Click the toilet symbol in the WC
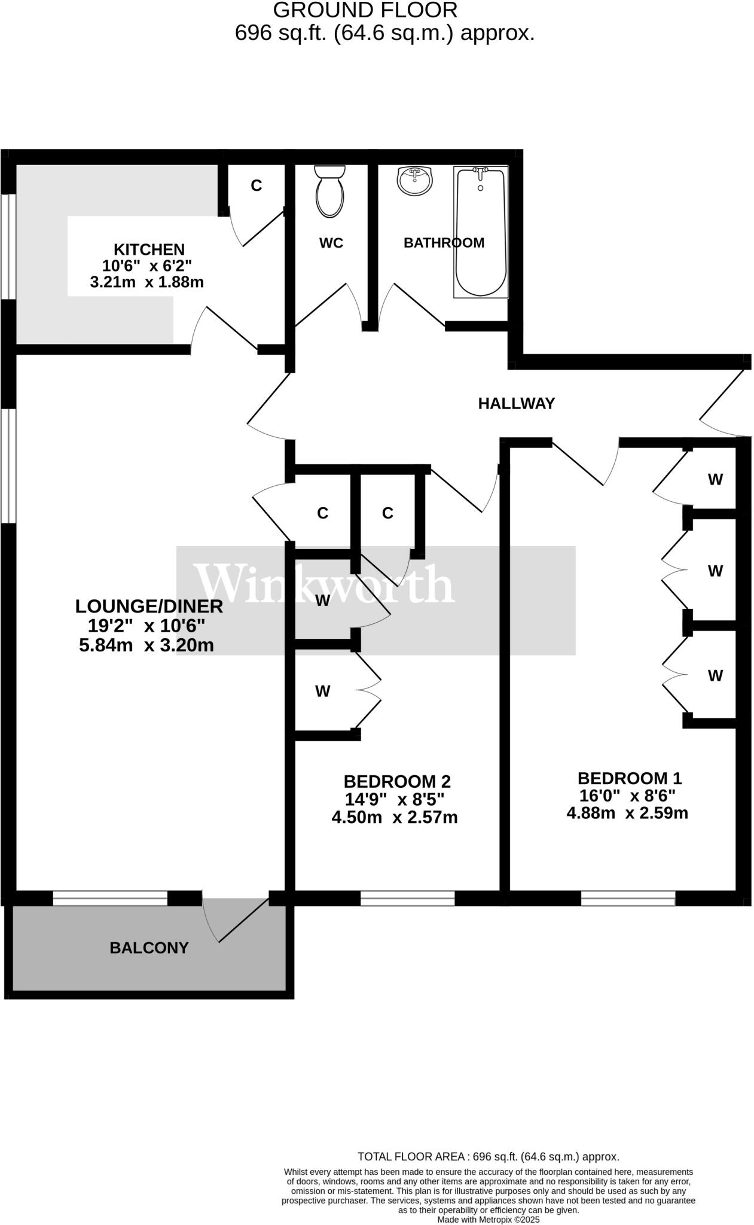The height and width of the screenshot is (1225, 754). tap(330, 191)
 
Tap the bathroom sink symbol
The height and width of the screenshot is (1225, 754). tap(415, 181)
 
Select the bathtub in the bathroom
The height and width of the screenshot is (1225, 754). tap(481, 232)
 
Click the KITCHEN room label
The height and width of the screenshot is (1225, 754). tap(149, 249)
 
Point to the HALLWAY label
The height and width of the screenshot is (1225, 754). tap(517, 404)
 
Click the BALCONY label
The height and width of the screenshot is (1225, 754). tap(149, 947)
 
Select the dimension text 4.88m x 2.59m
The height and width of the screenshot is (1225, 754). tap(627, 813)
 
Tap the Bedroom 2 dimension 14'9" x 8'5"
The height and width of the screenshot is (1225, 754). tap(395, 799)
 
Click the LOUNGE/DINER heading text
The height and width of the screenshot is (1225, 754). tap(149, 606)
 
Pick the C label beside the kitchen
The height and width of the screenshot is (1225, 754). tap(256, 185)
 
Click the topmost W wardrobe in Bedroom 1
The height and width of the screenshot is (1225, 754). tap(715, 479)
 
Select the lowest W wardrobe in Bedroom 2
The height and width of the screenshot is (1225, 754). tap(323, 691)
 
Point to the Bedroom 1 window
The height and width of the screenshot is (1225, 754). tap(628, 898)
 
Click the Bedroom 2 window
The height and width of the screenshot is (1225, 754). tap(408, 898)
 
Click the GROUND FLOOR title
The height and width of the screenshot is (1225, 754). tap(365, 10)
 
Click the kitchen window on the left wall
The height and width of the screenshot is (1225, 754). tap(8, 246)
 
